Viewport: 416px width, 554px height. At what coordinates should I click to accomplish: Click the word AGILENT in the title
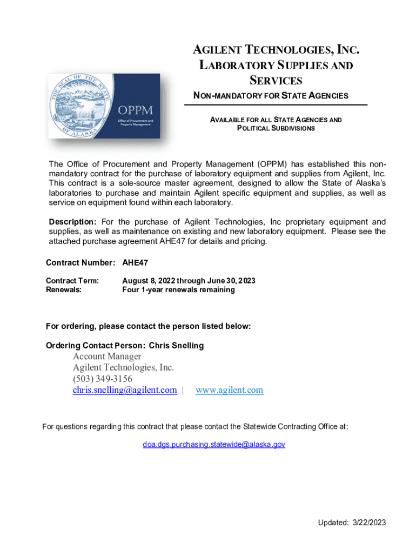tap(218, 51)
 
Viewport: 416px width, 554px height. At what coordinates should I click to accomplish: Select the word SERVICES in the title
tap(276, 81)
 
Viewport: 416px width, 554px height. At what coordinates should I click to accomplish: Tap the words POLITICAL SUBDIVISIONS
tap(276, 128)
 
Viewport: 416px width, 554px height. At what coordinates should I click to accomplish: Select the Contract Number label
tap(80, 263)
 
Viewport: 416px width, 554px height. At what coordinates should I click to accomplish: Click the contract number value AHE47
tap(135, 263)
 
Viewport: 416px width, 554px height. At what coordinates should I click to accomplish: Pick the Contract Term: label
tap(72, 281)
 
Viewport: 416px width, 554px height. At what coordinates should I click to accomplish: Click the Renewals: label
tap(64, 289)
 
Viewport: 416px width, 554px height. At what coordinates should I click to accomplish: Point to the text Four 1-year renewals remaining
tap(178, 289)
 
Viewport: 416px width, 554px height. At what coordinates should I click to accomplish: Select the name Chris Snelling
tap(176, 345)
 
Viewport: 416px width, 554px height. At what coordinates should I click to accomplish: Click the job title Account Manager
tap(107, 356)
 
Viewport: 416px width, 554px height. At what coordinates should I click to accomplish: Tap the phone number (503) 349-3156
tap(103, 379)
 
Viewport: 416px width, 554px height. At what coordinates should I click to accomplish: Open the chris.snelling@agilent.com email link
tap(125, 390)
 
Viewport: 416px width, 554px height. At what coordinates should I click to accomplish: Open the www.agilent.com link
tap(229, 390)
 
